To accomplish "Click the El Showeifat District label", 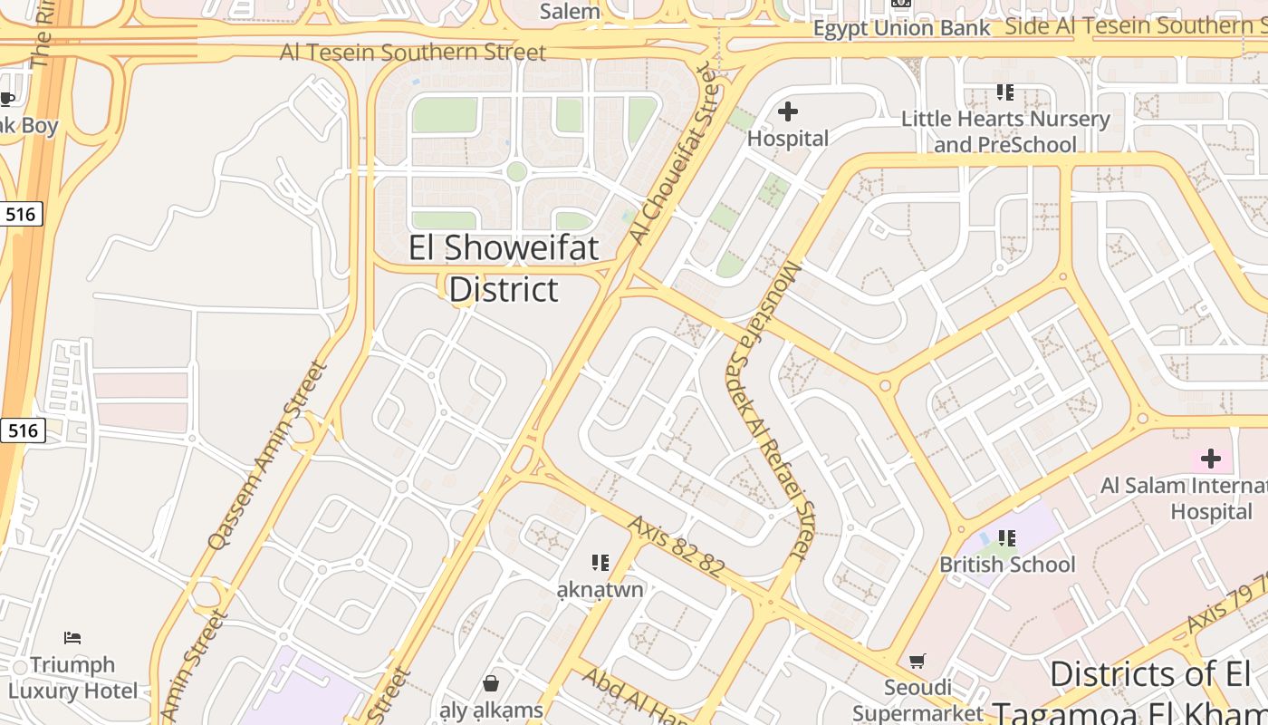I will coord(504,268).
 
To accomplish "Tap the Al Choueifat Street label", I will coord(678,151).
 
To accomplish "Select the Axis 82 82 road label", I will coord(676,546).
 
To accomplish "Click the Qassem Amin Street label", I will coord(267,456).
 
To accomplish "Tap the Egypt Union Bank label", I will coord(902,28).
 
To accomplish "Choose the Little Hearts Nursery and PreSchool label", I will coord(1005,131).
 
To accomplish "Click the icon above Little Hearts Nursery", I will coord(1004,92).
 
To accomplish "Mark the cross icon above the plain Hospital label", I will coord(788,111).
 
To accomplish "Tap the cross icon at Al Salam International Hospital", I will coord(1210,459).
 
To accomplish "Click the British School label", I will coord(1007,564).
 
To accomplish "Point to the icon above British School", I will coord(1006,538).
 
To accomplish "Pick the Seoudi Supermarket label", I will coord(917,700).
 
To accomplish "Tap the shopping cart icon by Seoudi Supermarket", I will coord(917,661).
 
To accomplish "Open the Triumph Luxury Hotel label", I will coord(72,677).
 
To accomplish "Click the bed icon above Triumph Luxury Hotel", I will coord(72,638).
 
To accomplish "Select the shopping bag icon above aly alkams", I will coord(491,682).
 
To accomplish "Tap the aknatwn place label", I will coord(600,589).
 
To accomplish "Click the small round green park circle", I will coord(516,171).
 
